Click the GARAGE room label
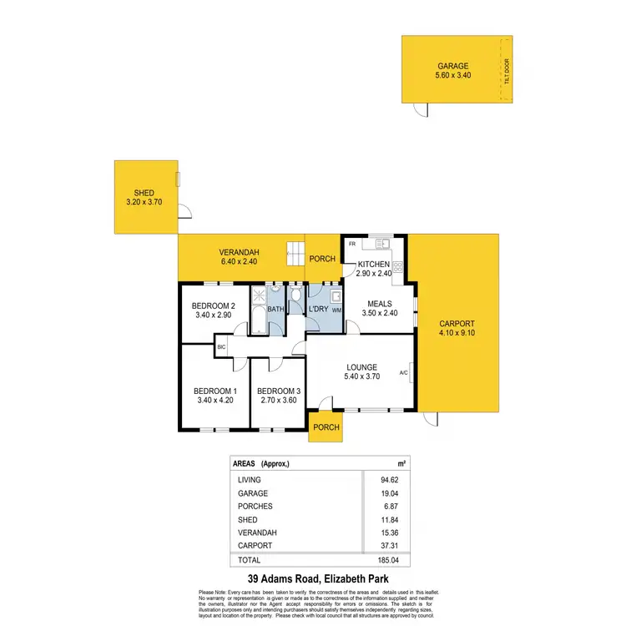453,66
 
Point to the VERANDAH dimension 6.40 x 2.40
240,262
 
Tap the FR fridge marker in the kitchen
352,244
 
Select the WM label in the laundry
337,310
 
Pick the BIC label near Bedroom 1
221,346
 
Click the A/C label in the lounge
403,372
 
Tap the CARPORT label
457,324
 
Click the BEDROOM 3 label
278,391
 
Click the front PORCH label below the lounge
326,427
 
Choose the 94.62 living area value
389,480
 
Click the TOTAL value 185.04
387,560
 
